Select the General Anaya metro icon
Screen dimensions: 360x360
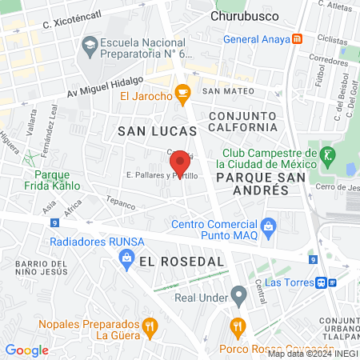pos(298,38)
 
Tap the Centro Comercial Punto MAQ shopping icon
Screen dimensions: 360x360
pos(268,226)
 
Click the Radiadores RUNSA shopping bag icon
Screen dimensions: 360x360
pos(126,256)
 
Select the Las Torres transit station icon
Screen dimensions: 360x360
pos(322,282)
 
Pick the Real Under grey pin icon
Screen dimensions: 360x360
pos(238,294)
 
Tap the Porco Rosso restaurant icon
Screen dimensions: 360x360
pos(237,326)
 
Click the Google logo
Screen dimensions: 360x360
pos(27,350)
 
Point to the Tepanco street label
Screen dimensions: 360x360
pos(121,204)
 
